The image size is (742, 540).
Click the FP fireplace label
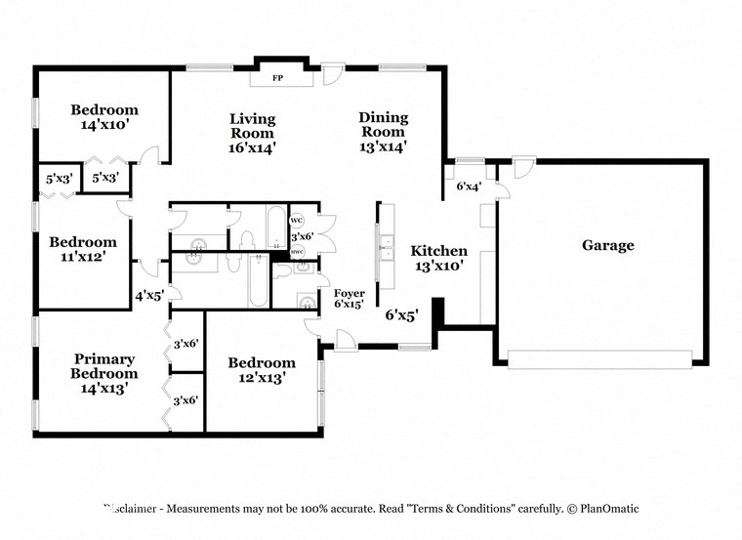click(277, 77)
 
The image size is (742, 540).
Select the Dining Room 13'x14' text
click(383, 132)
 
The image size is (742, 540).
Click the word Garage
click(607, 245)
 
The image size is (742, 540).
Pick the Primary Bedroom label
click(103, 373)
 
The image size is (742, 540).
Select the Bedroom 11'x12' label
click(83, 249)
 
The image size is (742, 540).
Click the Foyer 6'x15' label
click(349, 298)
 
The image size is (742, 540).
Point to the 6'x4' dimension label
click(470, 186)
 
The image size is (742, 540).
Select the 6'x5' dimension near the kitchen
click(400, 314)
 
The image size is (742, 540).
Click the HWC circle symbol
click(298, 252)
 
